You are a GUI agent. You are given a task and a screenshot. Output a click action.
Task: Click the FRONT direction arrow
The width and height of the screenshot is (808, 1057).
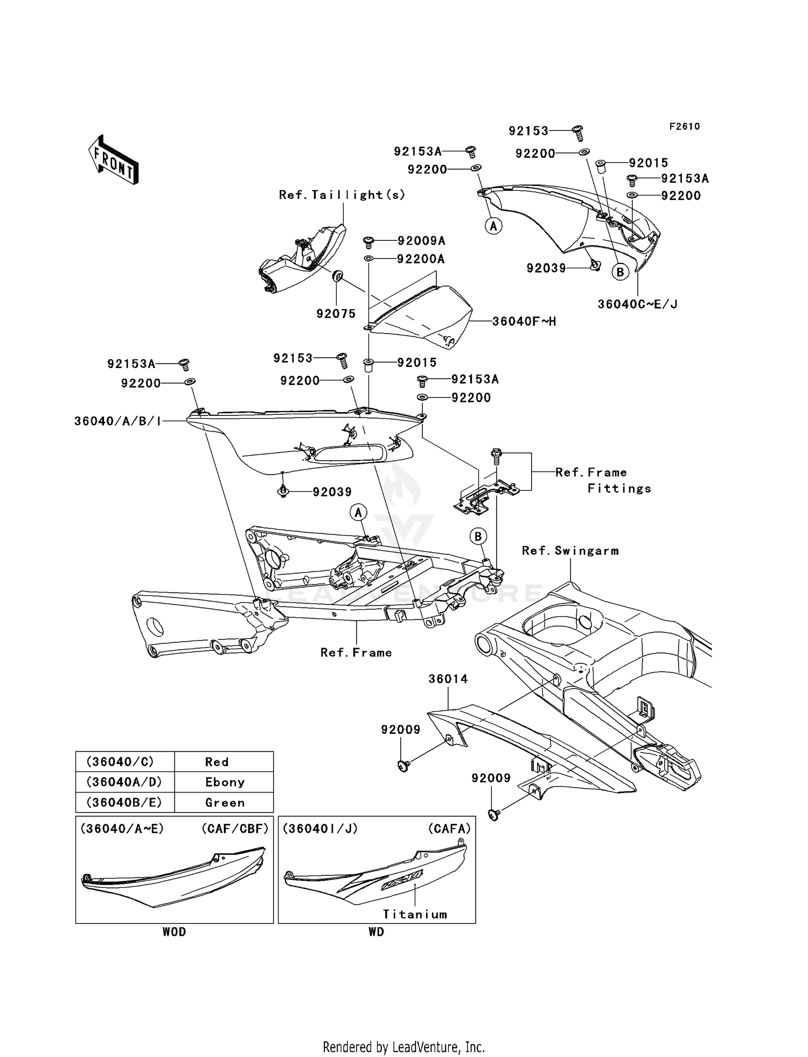click(114, 159)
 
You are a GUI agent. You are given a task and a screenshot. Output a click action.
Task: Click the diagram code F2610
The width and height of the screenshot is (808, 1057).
click(684, 127)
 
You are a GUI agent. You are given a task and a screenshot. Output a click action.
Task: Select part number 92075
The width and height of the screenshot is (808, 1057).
click(336, 314)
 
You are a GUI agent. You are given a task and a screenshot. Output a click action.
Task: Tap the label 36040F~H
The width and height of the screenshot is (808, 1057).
click(524, 322)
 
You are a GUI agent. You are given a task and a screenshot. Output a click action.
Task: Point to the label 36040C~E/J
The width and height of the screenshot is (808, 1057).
click(637, 304)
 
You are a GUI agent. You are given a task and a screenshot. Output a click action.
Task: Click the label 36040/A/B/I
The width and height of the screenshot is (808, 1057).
click(117, 421)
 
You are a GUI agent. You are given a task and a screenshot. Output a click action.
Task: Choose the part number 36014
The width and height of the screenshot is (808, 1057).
click(448, 679)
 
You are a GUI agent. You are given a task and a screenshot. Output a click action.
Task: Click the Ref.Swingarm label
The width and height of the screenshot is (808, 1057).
click(570, 551)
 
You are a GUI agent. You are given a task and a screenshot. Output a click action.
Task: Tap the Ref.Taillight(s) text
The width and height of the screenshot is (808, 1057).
click(342, 195)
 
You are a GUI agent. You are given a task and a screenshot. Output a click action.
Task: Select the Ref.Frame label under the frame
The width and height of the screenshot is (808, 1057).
click(356, 653)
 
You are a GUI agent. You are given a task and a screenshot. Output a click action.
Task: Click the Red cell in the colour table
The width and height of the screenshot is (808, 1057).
click(217, 762)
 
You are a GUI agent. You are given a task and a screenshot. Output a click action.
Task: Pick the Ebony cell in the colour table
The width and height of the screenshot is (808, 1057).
click(225, 782)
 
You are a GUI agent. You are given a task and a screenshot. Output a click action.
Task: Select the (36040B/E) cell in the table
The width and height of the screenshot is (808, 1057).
click(124, 803)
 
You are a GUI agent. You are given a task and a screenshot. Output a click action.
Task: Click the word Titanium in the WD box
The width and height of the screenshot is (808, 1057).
click(415, 914)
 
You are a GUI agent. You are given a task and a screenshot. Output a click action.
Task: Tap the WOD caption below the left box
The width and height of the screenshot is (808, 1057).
click(174, 932)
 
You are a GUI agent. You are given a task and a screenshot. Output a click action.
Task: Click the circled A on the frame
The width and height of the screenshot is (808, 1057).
click(358, 512)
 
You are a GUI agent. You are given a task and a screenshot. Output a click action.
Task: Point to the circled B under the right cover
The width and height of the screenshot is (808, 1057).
click(620, 272)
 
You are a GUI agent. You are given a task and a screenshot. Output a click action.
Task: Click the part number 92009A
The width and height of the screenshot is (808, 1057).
click(421, 241)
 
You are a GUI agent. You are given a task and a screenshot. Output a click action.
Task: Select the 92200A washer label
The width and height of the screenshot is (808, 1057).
click(421, 259)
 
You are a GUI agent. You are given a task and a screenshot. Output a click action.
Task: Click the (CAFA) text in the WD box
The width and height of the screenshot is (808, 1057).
click(449, 829)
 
